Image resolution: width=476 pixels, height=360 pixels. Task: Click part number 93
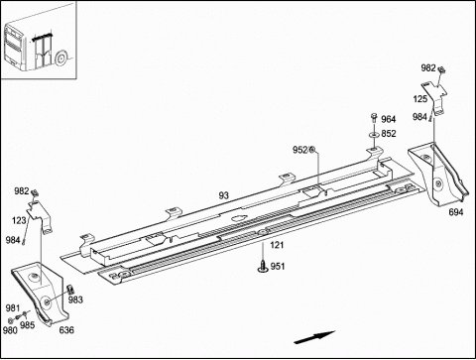click(x=224, y=195)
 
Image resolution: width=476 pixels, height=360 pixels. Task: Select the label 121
click(x=277, y=245)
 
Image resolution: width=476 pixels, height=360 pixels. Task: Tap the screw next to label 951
click(x=263, y=267)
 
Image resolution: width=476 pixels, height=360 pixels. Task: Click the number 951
click(x=278, y=266)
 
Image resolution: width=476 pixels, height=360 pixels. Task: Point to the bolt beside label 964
click(x=374, y=118)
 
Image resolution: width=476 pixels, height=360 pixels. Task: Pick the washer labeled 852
click(x=374, y=135)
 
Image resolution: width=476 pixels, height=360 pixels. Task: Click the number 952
click(x=299, y=150)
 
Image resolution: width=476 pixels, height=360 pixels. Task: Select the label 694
click(x=456, y=212)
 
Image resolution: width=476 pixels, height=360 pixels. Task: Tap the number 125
click(x=419, y=99)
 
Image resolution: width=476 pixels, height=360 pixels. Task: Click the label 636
click(x=66, y=329)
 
